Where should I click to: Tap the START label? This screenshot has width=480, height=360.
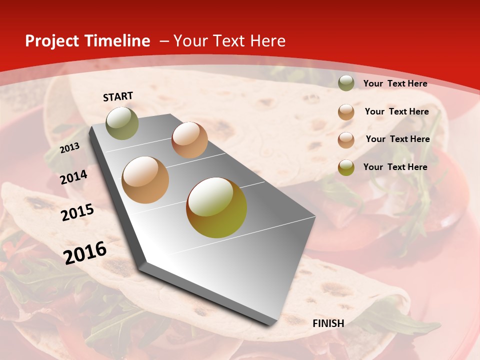point(118,96)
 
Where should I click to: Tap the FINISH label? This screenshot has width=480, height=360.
point(328,323)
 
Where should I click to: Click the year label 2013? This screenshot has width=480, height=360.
point(69,148)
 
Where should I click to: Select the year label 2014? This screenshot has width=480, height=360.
point(73,177)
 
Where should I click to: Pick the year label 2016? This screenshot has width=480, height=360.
point(85,253)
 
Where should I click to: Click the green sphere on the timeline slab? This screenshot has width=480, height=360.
point(122,123)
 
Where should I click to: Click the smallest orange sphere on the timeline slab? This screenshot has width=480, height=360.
point(189,140)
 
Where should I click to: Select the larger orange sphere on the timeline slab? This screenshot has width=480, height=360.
point(145,180)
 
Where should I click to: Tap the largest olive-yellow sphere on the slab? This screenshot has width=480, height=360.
point(216,207)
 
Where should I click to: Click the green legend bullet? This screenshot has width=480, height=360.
point(346,83)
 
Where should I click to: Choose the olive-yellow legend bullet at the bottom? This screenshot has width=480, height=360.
point(346,167)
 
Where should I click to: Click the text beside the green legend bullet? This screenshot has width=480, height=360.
point(395,83)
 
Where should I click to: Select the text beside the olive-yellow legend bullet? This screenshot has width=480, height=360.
point(395,167)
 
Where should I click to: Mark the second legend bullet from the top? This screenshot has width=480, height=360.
point(346,112)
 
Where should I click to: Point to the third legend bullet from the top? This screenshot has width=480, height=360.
point(346,140)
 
